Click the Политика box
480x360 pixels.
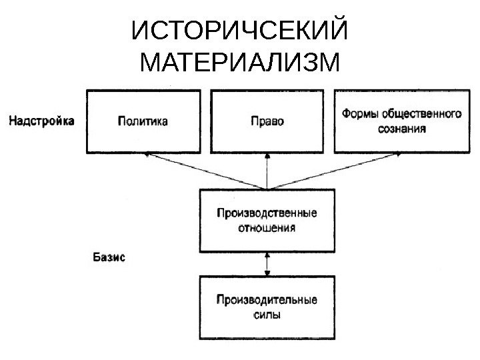click(x=143, y=121)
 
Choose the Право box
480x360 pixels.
click(x=267, y=121)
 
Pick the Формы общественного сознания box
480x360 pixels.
click(x=401, y=121)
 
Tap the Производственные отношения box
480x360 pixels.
click(x=267, y=221)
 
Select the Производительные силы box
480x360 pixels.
click(x=267, y=307)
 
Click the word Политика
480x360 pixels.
click(x=143, y=121)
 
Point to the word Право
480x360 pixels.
click(x=267, y=121)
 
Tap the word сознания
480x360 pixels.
click(x=401, y=128)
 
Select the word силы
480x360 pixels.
click(x=267, y=315)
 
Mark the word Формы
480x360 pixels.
click(x=359, y=115)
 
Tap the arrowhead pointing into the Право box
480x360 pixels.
click(x=267, y=156)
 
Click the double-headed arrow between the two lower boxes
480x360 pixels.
click(x=267, y=264)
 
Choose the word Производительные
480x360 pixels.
click(x=267, y=300)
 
